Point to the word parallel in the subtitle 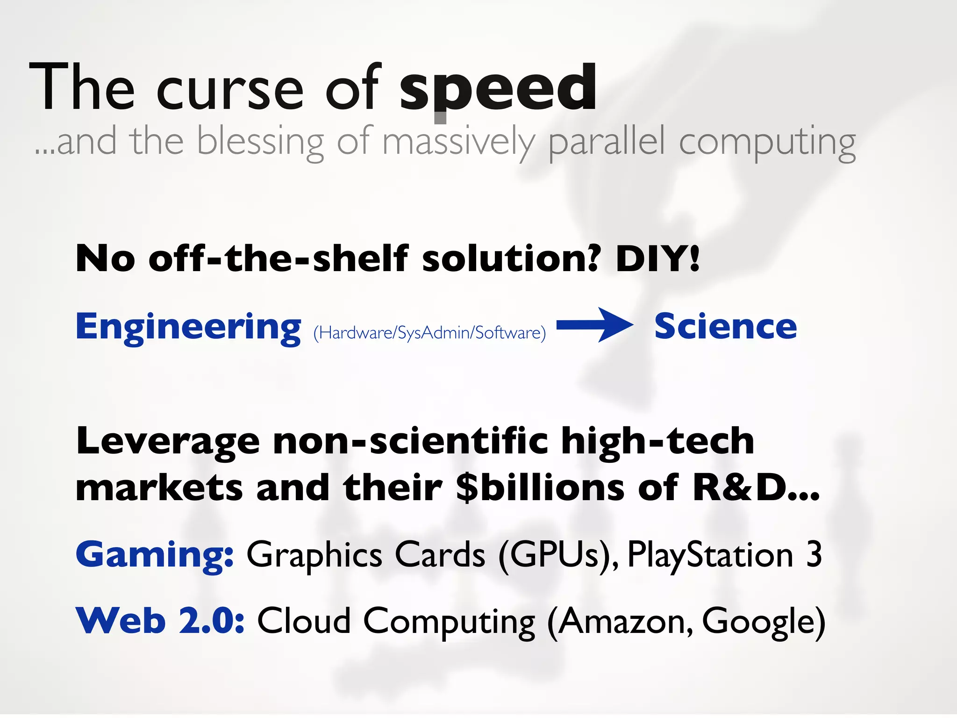(x=606, y=142)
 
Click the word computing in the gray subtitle (x=767, y=142)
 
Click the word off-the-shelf (x=278, y=258)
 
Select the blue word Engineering (x=188, y=327)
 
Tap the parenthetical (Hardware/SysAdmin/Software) (x=429, y=333)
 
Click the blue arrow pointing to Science (x=594, y=325)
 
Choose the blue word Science (x=725, y=326)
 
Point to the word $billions (x=540, y=488)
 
